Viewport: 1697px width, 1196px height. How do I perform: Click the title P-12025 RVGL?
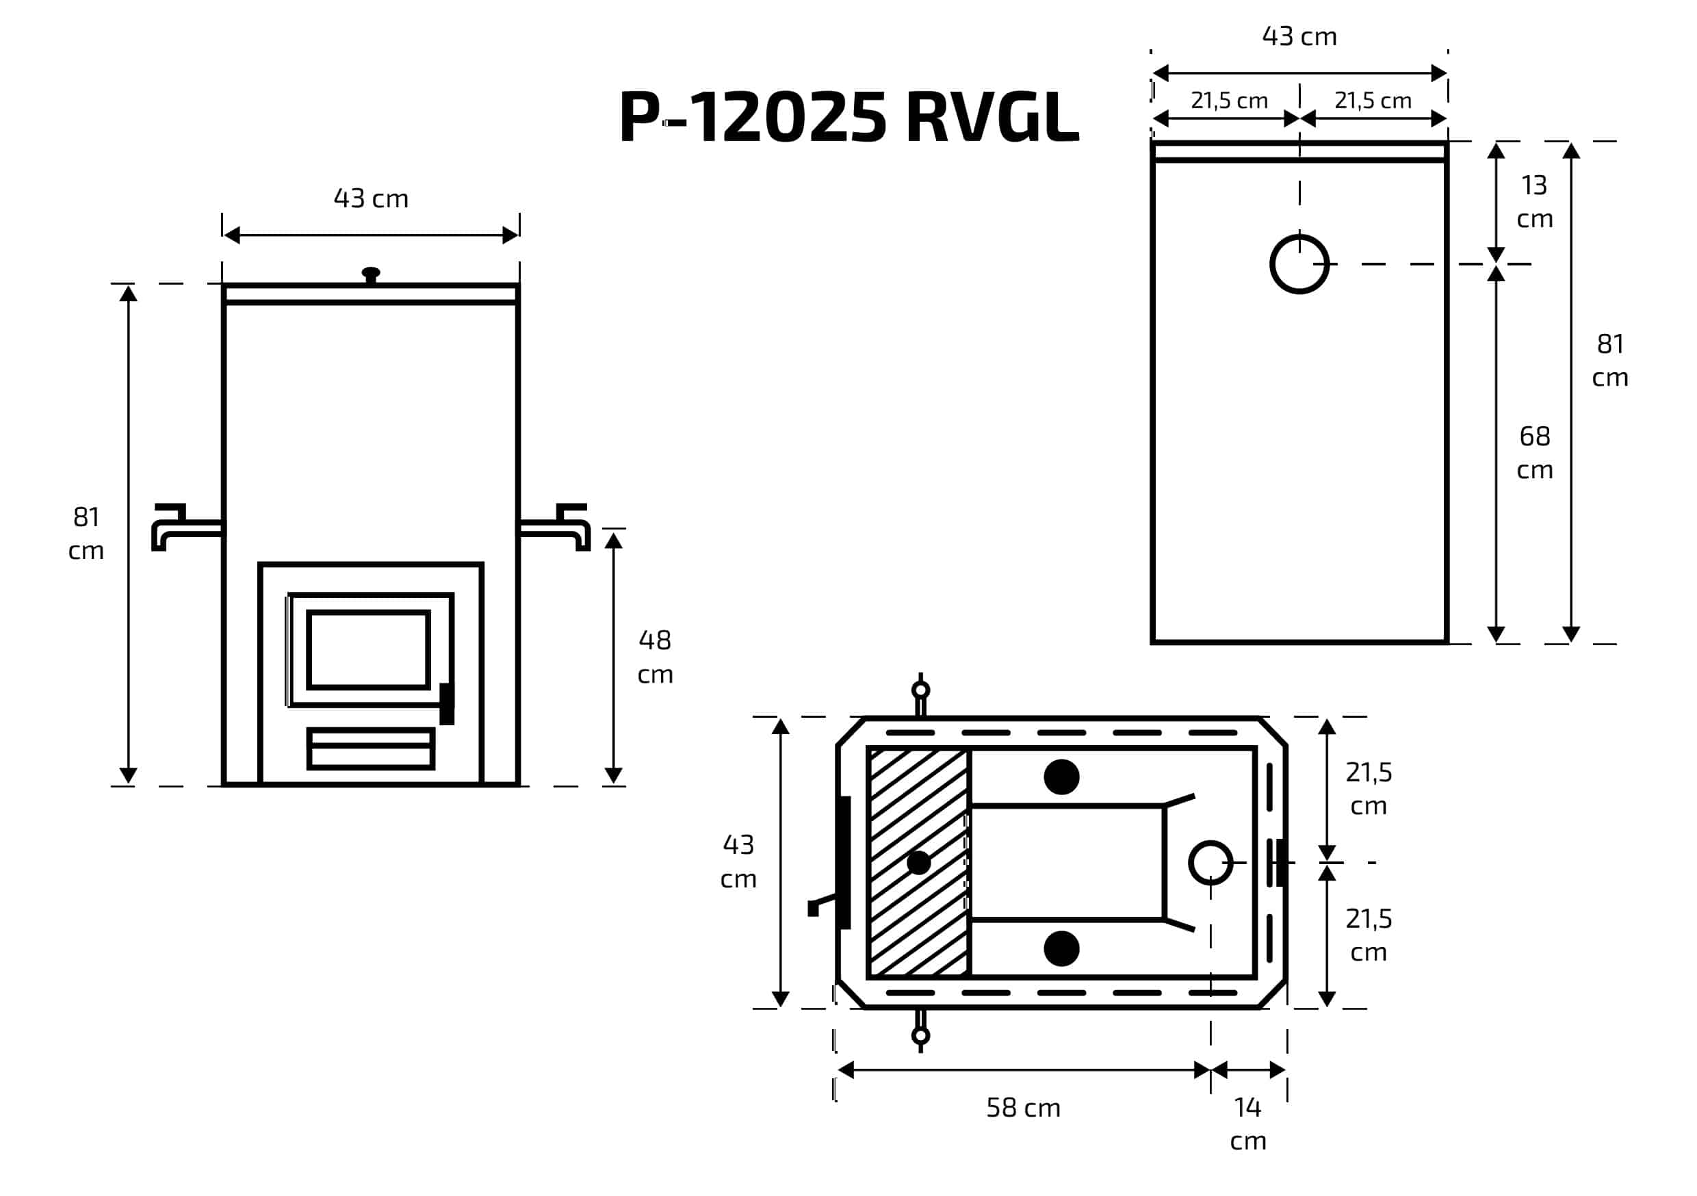(849, 117)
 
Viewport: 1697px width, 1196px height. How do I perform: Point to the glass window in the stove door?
(368, 650)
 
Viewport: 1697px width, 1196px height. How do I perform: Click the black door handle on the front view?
(446, 703)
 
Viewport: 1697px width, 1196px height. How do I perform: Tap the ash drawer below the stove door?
(370, 749)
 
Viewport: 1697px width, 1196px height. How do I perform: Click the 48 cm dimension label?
(655, 656)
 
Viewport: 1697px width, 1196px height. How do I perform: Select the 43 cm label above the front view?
(370, 198)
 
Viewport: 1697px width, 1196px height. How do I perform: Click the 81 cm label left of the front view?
(86, 533)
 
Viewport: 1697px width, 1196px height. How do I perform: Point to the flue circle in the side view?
(1299, 264)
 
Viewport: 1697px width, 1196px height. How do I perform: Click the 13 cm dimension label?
(1534, 201)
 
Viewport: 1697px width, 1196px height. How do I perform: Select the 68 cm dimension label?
(1534, 452)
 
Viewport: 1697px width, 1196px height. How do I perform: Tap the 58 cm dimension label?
(1023, 1107)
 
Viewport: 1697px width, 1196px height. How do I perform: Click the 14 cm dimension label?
(1247, 1123)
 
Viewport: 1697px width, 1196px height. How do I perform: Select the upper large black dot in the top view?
(1061, 777)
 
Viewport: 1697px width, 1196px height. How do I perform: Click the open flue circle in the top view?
(1210, 863)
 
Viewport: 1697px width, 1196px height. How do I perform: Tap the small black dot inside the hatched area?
(918, 863)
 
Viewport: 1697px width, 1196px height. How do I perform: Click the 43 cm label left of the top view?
(738, 861)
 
